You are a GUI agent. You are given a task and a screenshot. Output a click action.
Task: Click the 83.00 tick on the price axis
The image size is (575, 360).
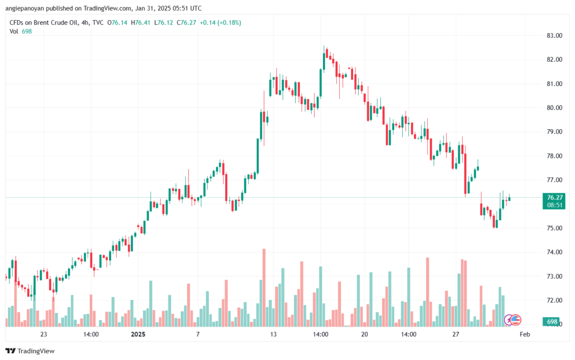click(554, 35)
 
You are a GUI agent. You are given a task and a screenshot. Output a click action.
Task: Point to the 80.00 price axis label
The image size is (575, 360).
click(554, 108)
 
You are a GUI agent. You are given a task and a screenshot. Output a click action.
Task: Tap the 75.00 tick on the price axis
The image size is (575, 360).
click(554, 228)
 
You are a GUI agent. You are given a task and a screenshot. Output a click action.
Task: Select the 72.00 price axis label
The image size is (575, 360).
click(554, 300)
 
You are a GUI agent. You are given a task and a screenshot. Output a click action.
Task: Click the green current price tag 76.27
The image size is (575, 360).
click(554, 197)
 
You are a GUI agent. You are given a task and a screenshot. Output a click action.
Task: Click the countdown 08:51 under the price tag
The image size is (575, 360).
click(554, 205)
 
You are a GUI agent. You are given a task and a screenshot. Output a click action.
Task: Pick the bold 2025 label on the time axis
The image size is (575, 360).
click(138, 334)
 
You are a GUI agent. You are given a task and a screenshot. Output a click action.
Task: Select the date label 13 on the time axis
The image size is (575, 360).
click(273, 334)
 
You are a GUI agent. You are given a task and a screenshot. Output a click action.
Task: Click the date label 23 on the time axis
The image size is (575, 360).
click(43, 334)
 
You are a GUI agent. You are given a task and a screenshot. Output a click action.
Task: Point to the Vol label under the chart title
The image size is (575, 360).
click(13, 31)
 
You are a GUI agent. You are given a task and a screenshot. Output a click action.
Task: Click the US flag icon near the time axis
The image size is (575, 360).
click(516, 320)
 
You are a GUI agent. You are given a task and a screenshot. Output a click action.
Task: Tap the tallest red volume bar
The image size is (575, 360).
click(264, 287)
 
